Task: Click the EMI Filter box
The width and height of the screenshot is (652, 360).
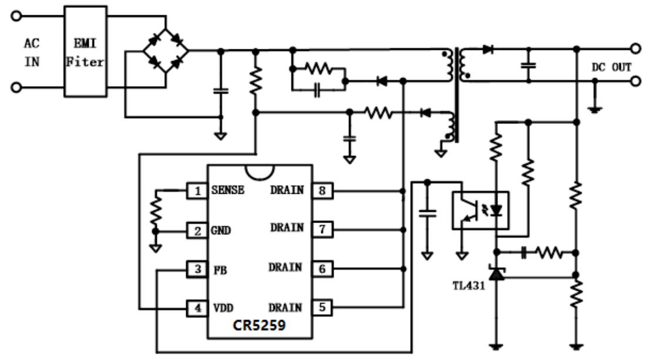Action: [x=86, y=51]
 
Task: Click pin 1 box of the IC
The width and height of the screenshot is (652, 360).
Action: [x=196, y=190]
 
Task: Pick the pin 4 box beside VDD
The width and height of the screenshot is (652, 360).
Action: [x=196, y=308]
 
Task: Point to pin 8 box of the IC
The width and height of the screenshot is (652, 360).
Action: [x=322, y=190]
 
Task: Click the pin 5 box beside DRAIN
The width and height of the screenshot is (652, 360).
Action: [x=322, y=308]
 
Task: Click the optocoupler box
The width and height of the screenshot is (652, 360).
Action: [x=480, y=210]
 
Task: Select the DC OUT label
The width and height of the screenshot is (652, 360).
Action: [x=611, y=68]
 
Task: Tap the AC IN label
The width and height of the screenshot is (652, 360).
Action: [x=32, y=52]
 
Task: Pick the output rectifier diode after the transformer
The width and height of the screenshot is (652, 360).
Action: [x=487, y=50]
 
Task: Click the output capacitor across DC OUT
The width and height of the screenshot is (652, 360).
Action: [x=529, y=65]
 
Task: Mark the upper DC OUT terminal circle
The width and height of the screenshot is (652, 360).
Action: [x=635, y=49]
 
